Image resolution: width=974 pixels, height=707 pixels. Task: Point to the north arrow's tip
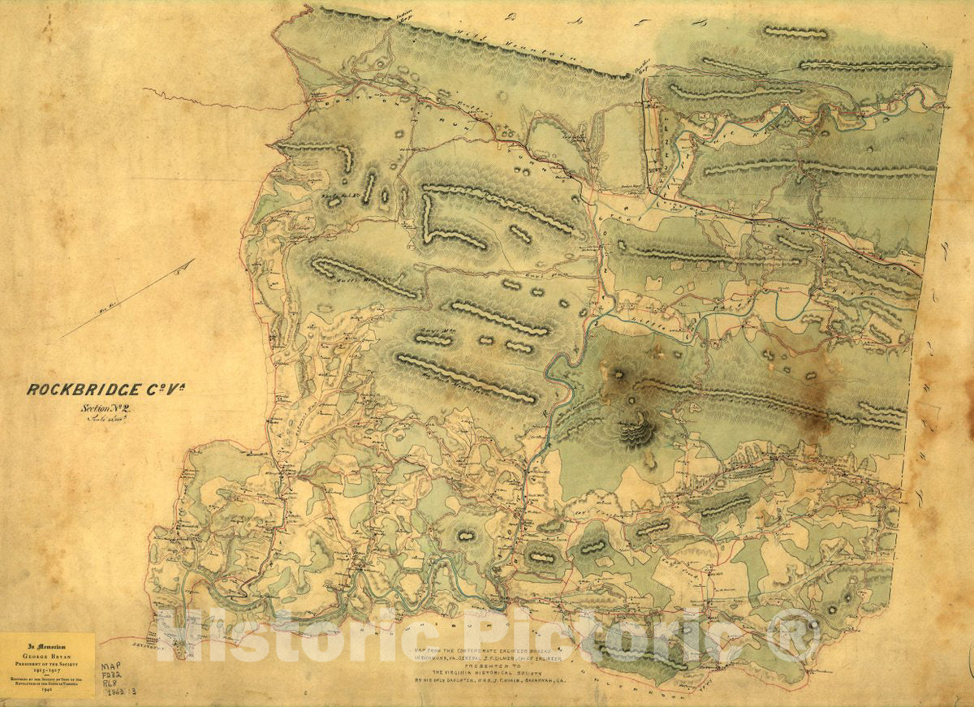click(194, 261)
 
